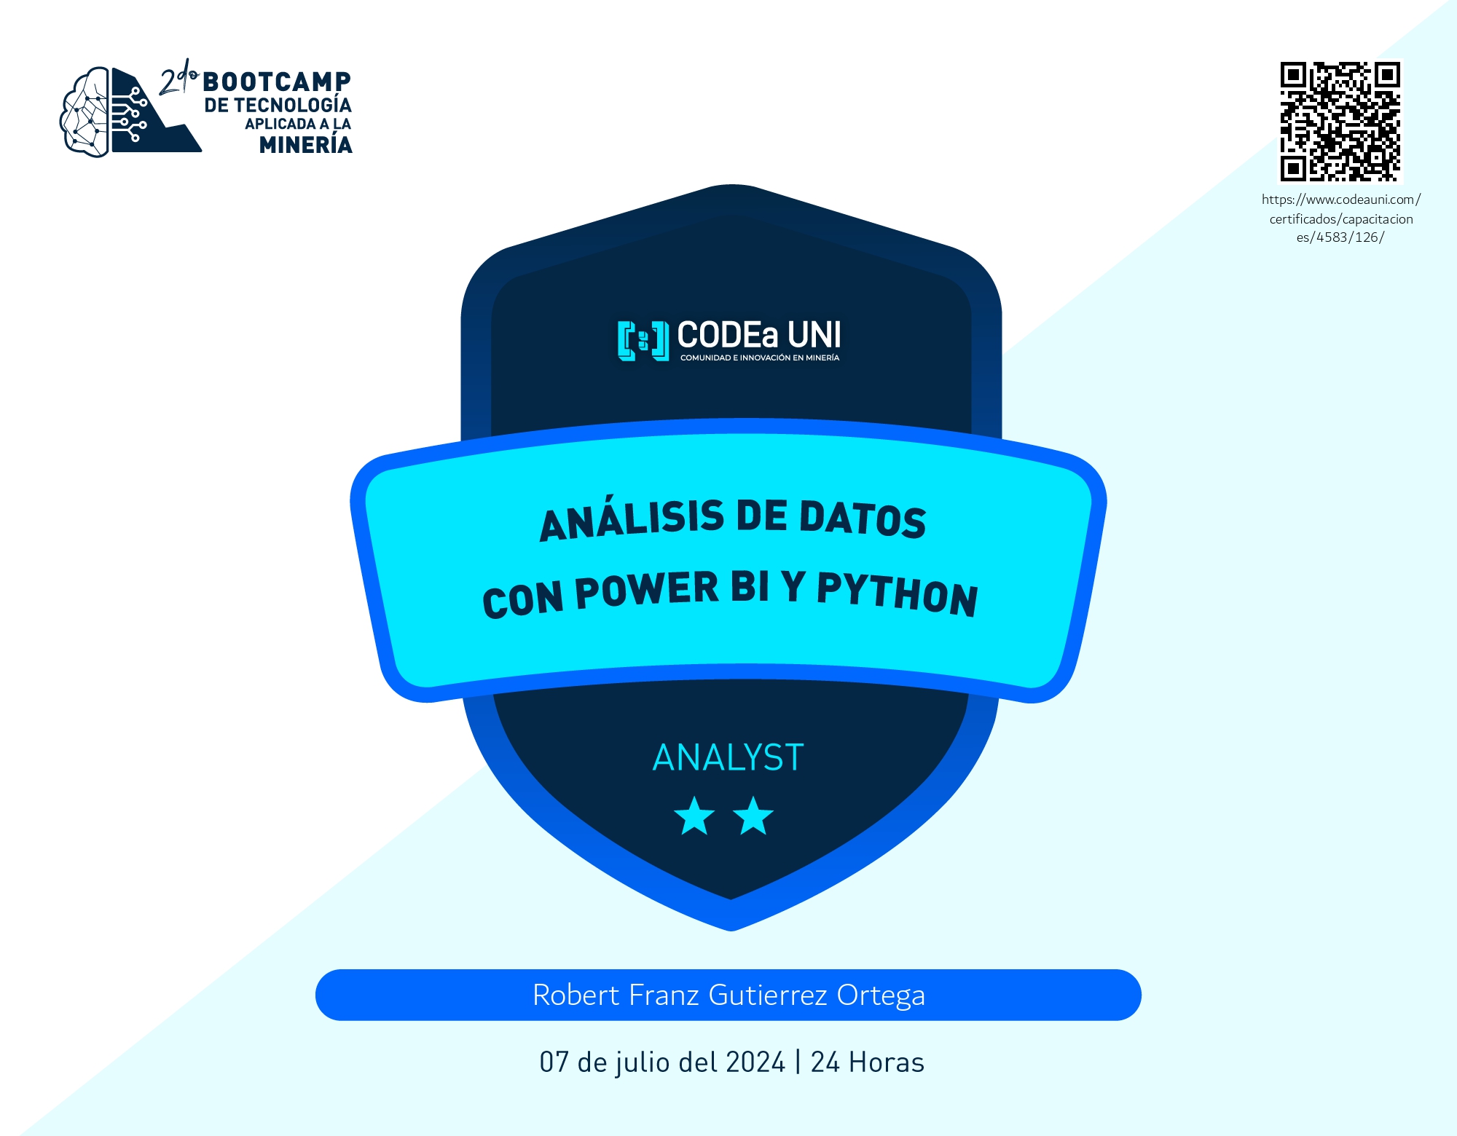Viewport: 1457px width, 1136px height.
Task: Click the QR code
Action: point(1340,122)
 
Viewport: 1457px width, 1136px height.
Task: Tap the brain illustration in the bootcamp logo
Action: point(85,111)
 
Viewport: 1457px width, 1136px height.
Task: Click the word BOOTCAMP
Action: point(277,82)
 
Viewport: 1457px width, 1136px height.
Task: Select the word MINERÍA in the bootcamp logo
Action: point(306,145)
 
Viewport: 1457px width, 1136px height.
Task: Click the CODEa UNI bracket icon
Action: point(643,340)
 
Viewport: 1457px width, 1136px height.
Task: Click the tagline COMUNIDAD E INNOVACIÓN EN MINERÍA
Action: point(760,358)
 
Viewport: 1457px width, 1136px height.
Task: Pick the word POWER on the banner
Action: point(647,591)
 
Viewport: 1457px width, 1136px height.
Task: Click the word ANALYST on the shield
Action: point(728,757)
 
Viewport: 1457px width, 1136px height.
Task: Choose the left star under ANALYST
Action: point(694,816)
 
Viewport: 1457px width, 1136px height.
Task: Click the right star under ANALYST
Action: point(753,816)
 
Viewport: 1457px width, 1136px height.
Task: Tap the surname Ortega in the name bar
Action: point(881,996)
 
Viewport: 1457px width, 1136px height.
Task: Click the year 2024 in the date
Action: point(755,1062)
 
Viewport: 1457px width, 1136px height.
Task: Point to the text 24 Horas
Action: point(868,1062)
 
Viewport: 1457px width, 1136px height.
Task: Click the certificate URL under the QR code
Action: point(1341,218)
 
